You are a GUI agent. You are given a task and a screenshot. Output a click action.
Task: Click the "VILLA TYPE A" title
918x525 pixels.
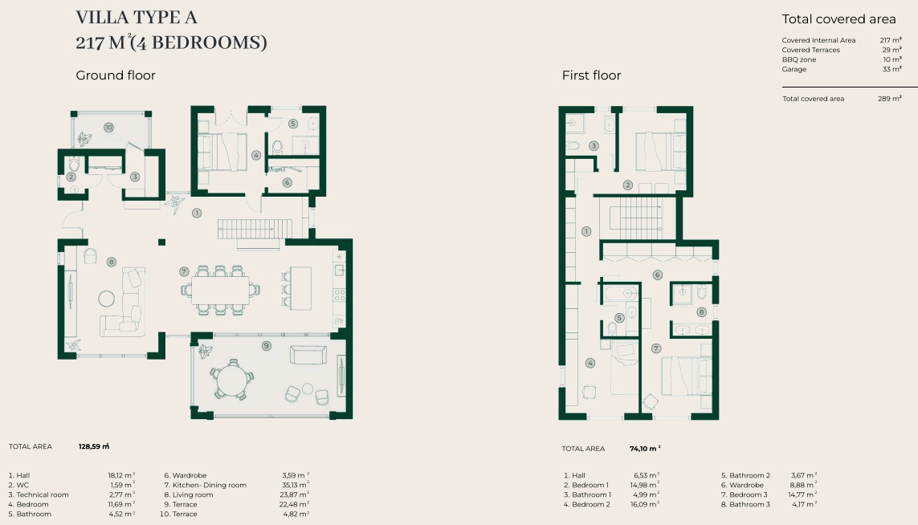point(137,18)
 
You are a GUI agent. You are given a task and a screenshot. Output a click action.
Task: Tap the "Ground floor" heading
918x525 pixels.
point(116,75)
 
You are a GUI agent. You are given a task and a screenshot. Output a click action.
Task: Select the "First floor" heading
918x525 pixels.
point(591,75)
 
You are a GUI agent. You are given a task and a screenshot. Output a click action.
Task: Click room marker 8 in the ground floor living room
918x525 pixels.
point(112,262)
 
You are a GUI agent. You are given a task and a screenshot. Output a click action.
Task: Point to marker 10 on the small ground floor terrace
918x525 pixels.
point(108,127)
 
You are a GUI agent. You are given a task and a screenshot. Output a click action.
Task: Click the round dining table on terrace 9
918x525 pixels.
point(233,381)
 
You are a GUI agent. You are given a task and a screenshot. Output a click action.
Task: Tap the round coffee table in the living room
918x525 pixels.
point(107,299)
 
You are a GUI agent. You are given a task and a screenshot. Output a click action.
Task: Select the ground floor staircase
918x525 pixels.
point(255,229)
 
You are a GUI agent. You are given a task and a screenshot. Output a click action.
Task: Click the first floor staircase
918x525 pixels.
point(636,214)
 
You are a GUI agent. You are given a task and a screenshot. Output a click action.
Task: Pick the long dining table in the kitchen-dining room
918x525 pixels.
point(220,290)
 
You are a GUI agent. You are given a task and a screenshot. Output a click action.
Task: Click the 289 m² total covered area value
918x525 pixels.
point(889,98)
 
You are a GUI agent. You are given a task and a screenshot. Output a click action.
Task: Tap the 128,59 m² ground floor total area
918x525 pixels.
point(94,446)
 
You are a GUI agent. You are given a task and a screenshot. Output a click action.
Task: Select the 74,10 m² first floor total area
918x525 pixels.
point(645,448)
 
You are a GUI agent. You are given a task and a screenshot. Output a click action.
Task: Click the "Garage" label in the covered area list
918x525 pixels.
point(794,69)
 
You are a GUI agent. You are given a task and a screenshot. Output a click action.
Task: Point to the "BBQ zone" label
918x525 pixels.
point(798,59)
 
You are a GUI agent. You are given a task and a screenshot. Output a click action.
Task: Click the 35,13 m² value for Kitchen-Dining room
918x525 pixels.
point(296,485)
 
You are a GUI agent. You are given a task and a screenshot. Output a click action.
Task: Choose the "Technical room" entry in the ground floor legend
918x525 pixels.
point(42,495)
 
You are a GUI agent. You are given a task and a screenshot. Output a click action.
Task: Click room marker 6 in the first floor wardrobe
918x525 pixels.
point(658,275)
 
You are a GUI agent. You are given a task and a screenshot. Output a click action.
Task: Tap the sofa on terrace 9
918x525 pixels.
point(308,355)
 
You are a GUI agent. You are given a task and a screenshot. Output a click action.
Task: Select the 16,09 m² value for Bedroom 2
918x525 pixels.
point(645,504)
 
